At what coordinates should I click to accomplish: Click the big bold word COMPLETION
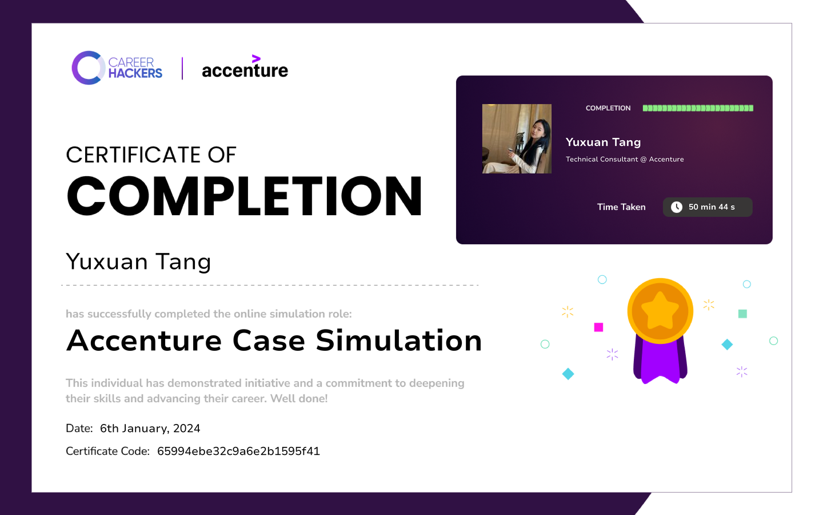[x=245, y=196]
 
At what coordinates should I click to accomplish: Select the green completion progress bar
[x=698, y=108]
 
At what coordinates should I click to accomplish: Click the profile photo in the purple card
[x=517, y=138]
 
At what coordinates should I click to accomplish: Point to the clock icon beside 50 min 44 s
[x=677, y=207]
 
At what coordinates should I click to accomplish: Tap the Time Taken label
[x=621, y=207]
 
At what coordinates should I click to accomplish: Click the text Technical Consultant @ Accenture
[x=625, y=159]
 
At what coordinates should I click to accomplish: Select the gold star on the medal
[x=660, y=311]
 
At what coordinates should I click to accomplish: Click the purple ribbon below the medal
[x=660, y=362]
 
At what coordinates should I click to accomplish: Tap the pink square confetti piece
[x=598, y=327]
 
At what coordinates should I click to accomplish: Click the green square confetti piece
[x=742, y=314]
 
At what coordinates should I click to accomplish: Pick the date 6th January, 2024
[x=150, y=429]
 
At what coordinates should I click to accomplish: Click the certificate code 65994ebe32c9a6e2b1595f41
[x=238, y=451]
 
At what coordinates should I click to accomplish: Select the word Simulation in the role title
[x=399, y=340]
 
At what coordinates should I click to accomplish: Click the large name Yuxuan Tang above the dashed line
[x=138, y=262]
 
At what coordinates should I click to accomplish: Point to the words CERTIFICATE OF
[x=151, y=155]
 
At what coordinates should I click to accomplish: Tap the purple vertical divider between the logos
[x=182, y=69]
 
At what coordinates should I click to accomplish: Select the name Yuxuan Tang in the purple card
[x=604, y=142]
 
